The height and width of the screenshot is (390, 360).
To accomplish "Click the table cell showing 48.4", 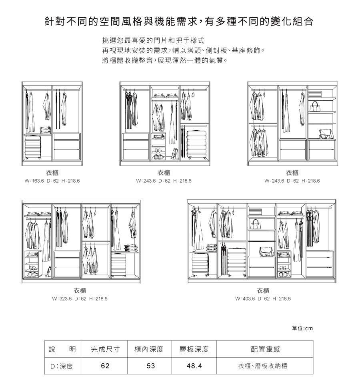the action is (x=194, y=366).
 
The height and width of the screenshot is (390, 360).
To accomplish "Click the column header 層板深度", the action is (x=194, y=349).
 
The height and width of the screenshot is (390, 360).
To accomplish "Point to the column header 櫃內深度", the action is (x=149, y=349).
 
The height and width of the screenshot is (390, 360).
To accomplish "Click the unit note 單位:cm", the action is (x=302, y=328).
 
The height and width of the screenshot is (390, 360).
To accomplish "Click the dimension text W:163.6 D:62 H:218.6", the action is (x=52, y=181).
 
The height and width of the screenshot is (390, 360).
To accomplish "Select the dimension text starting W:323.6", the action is (x=80, y=299).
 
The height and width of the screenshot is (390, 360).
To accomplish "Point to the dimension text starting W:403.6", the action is (x=263, y=299).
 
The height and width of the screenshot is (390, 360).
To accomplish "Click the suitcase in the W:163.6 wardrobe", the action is (x=33, y=147).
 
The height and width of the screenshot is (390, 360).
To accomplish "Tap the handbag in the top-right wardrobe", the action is (x=315, y=106).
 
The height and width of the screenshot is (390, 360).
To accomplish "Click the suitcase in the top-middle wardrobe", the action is (x=196, y=145).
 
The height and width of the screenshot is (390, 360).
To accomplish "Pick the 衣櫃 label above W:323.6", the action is (x=80, y=291).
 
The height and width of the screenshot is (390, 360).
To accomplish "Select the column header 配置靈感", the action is (x=265, y=349).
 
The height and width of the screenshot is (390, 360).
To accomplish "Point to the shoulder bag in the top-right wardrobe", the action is (x=326, y=134).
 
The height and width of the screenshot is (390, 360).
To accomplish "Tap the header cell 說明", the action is (x=63, y=349).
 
